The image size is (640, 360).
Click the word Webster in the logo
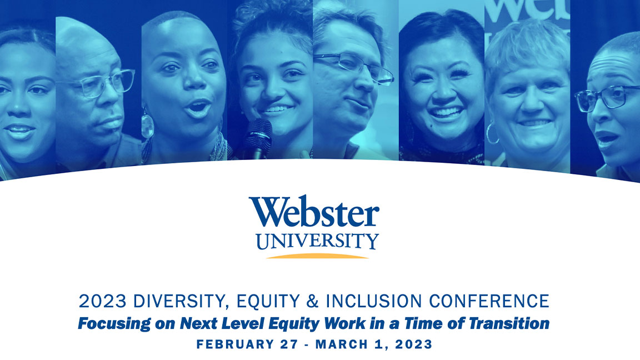(314, 212)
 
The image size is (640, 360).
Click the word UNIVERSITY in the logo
(317, 241)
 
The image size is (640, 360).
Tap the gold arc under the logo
(317, 256)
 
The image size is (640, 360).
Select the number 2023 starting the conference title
(102, 301)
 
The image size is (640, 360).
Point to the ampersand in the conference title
(312, 301)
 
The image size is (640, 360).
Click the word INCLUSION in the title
(373, 301)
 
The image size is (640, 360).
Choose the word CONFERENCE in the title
(489, 301)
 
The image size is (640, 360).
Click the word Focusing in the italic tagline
(114, 324)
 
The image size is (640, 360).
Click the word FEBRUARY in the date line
(235, 344)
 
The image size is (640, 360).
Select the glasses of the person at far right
(606, 98)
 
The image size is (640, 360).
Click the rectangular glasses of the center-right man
(353, 67)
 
